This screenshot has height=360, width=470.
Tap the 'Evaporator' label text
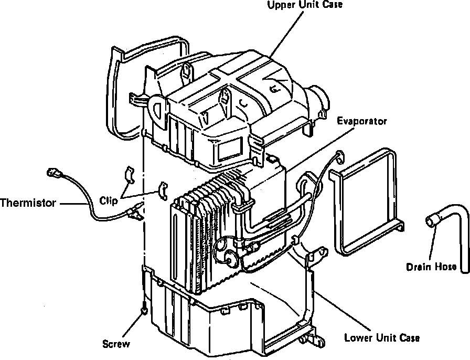(361, 121)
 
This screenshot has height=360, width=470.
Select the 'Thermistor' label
(28, 202)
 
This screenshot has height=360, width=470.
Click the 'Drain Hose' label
(431, 267)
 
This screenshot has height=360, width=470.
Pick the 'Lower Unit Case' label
(382, 337)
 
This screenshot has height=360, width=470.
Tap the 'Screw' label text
(116, 344)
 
